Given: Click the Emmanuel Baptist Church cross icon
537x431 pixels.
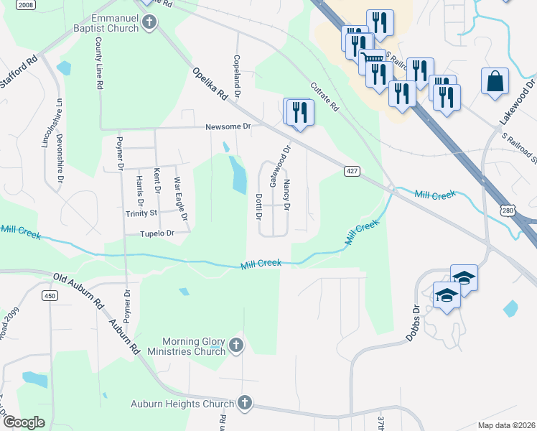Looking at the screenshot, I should click(149, 22).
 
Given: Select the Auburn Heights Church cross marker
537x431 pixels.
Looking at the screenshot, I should click(244, 403).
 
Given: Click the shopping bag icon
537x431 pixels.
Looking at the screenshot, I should click(495, 80).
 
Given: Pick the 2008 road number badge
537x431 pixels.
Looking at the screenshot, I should click(25, 5).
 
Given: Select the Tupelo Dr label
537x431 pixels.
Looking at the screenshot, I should click(157, 233).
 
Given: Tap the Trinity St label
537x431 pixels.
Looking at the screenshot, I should click(141, 213).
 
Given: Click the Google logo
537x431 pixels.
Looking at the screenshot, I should click(24, 422).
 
